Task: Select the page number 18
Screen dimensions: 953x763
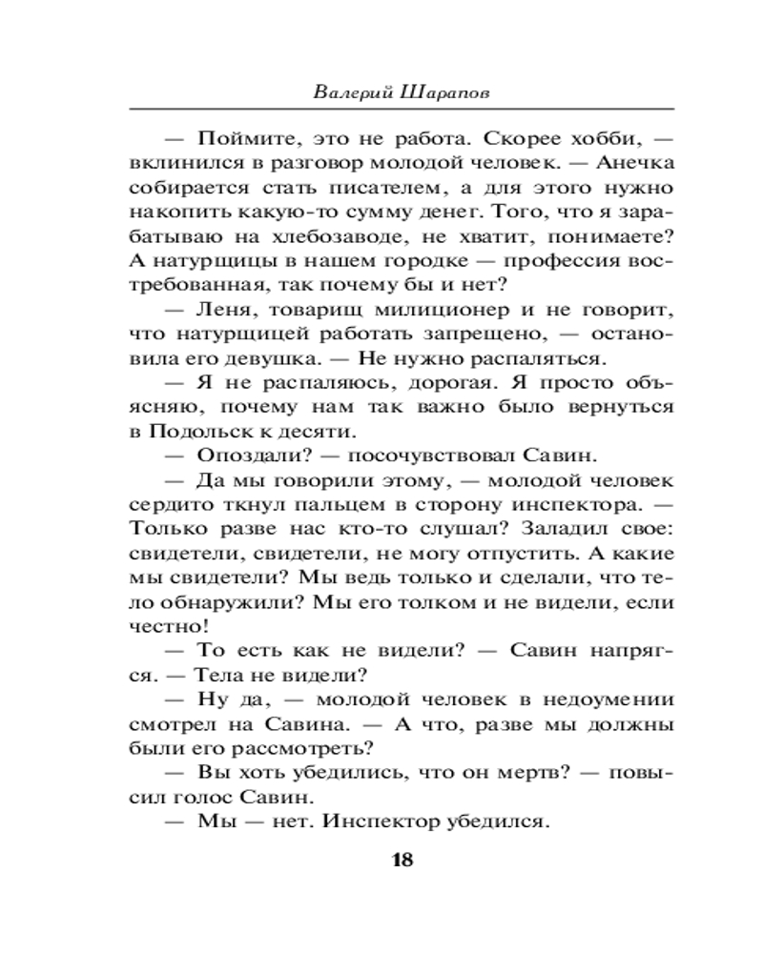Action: coord(402,861)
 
